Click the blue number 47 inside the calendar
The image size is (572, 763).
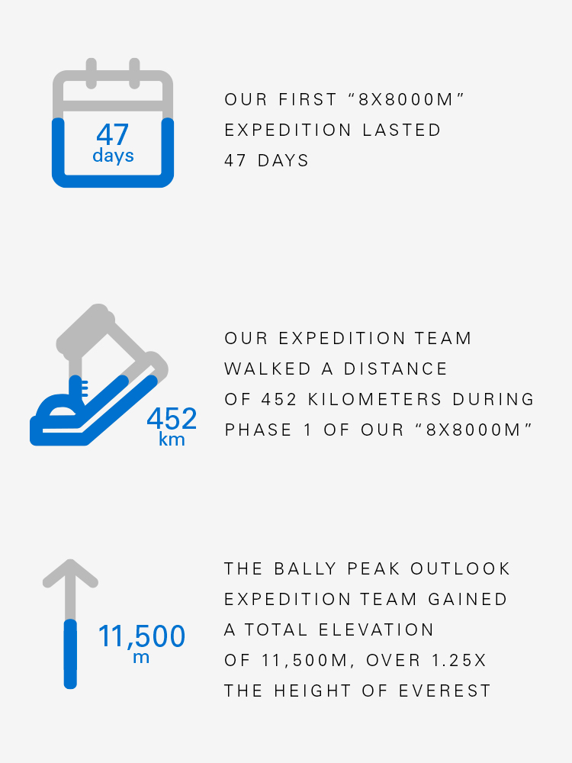[x=112, y=134]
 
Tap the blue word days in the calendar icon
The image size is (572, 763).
[x=113, y=156]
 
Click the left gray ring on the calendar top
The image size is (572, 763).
[x=91, y=73]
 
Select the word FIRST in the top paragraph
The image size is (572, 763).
[x=308, y=99]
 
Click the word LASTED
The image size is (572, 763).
[x=402, y=130]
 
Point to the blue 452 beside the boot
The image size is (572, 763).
[x=172, y=418]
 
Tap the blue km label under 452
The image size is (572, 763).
[x=172, y=439]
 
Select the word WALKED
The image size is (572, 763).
[x=268, y=369]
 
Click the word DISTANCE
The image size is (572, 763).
[x=395, y=369]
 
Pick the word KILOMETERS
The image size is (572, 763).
[x=375, y=400]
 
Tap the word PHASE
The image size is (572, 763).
[x=259, y=430]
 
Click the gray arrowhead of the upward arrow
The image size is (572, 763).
[x=70, y=573]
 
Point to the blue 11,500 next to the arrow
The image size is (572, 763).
[x=142, y=636]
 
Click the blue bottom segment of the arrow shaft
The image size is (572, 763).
[x=70, y=654]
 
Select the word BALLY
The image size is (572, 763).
[x=306, y=569]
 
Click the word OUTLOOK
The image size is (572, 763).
[x=460, y=569]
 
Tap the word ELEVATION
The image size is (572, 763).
[x=376, y=629]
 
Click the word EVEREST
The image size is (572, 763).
[x=445, y=691]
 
